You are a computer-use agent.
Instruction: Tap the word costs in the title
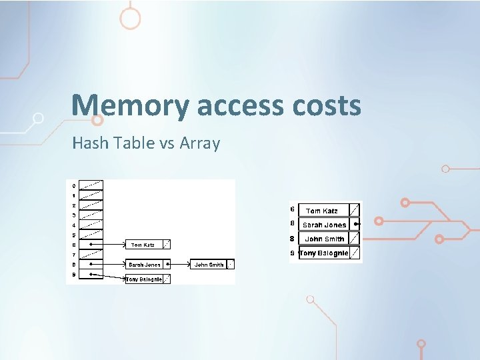point(326,105)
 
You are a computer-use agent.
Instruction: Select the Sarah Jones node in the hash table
point(145,265)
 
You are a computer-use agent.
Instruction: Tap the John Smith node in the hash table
point(209,265)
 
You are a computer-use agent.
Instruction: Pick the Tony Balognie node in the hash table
point(144,279)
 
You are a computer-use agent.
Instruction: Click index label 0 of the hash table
point(73,185)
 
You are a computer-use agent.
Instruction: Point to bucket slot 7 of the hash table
point(91,255)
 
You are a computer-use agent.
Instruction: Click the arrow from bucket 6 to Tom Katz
point(111,245)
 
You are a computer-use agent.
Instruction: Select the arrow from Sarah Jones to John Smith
point(179,265)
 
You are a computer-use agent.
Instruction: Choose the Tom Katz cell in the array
point(322,211)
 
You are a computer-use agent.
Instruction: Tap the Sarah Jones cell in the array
point(324,225)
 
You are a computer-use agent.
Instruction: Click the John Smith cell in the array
point(324,239)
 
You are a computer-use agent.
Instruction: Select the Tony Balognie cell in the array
point(323,253)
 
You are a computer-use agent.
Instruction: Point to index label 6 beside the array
point(293,210)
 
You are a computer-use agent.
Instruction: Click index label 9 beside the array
point(293,253)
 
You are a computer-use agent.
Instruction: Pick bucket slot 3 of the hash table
point(91,215)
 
